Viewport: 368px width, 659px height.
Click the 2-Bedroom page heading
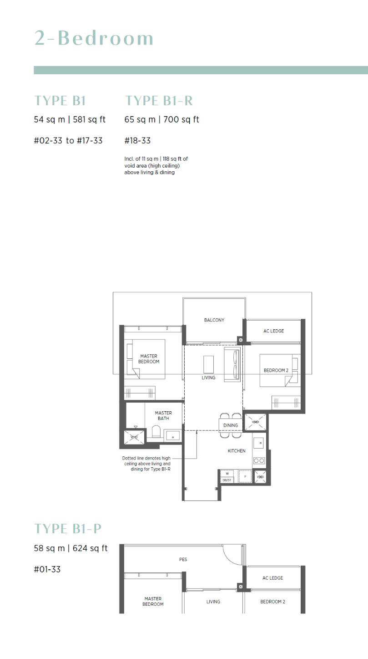pyautogui.click(x=94, y=38)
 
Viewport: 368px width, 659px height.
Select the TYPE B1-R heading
pyautogui.click(x=159, y=101)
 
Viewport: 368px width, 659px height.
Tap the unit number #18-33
pyautogui.click(x=137, y=141)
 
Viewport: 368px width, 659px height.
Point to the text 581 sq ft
pyautogui.click(x=89, y=119)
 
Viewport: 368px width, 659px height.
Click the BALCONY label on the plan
pyautogui.click(x=214, y=320)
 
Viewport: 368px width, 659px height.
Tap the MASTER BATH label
pyautogui.click(x=163, y=415)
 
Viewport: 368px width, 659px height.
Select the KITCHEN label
pyautogui.click(x=237, y=451)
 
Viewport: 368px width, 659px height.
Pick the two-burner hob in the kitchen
pyautogui.click(x=259, y=460)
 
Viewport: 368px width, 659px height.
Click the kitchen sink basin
pyautogui.click(x=259, y=443)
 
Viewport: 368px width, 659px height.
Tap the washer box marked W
pyautogui.click(x=227, y=474)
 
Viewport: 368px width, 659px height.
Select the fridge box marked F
pyautogui.click(x=245, y=476)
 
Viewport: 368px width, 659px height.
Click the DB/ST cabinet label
pyautogui.click(x=227, y=480)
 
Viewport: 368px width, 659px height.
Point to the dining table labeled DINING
pyautogui.click(x=231, y=425)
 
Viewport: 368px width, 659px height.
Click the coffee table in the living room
pyautogui.click(x=208, y=364)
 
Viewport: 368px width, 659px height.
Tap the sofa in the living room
pyautogui.click(x=233, y=364)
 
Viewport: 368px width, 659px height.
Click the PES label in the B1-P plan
pyautogui.click(x=183, y=559)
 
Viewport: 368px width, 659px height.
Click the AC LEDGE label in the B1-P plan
pyautogui.click(x=273, y=578)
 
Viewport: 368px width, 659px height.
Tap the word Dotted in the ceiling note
pyautogui.click(x=129, y=458)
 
